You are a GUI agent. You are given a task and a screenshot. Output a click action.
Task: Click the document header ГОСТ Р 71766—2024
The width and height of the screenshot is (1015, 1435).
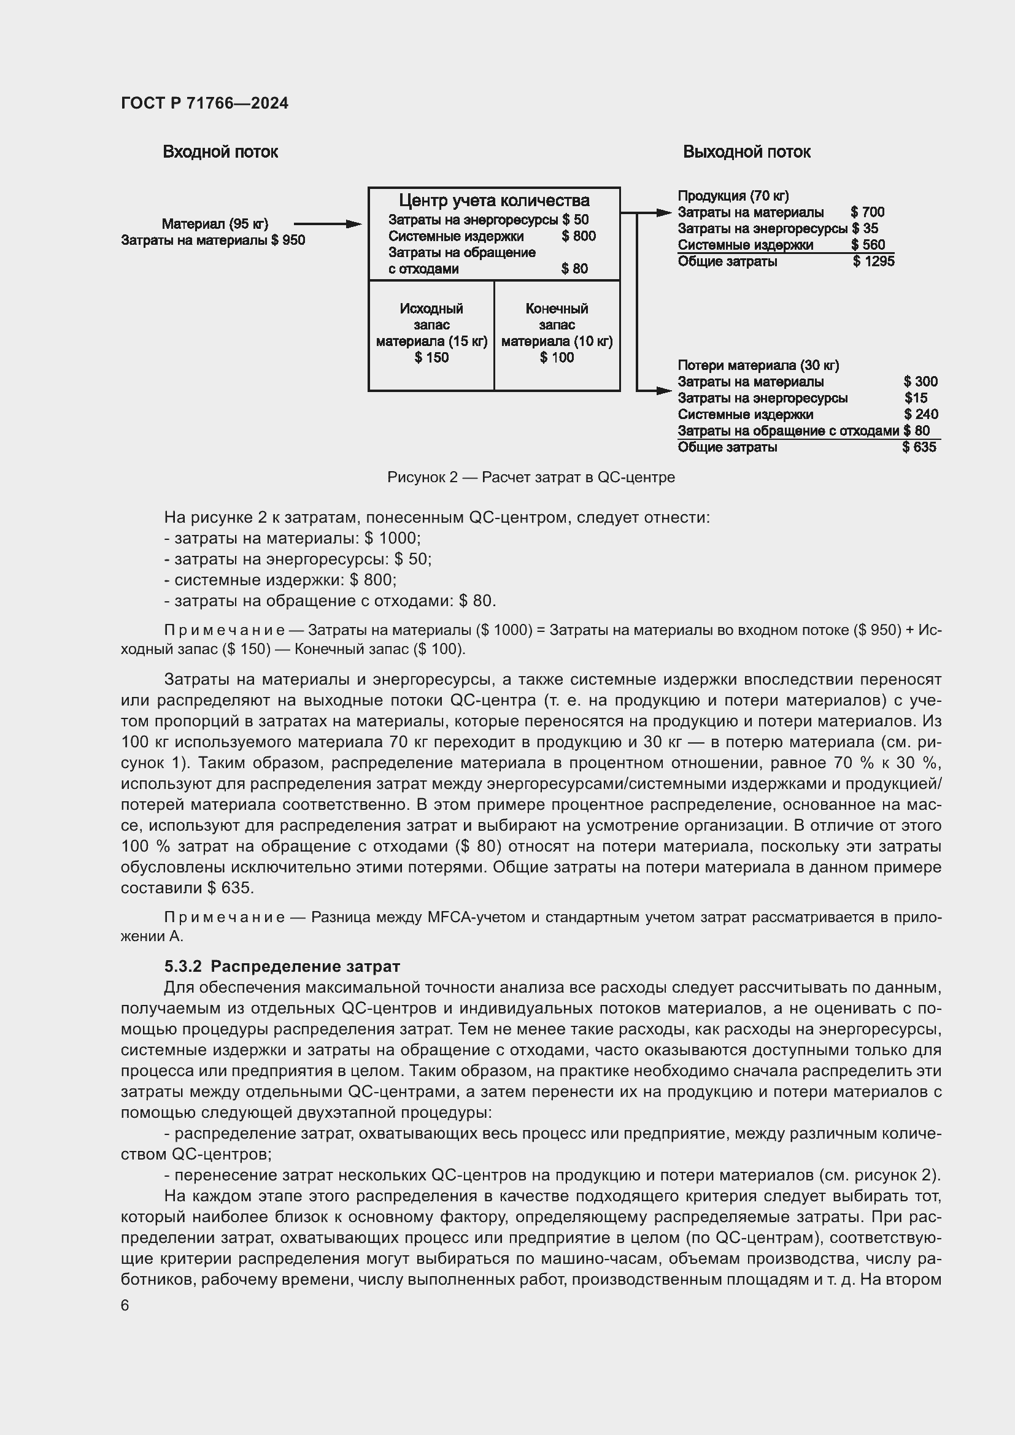pyautogui.click(x=204, y=103)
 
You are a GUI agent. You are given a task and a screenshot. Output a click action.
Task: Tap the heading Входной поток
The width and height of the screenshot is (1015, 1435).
pyautogui.click(x=220, y=152)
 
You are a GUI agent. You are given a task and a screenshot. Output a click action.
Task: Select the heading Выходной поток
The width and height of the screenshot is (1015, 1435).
pyautogui.click(x=746, y=152)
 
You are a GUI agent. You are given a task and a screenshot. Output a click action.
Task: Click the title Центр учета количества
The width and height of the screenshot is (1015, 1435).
pyautogui.click(x=494, y=201)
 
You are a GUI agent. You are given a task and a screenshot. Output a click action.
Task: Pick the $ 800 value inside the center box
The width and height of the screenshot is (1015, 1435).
pyautogui.click(x=578, y=236)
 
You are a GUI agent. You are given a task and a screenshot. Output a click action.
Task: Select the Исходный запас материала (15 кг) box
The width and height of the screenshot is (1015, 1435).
pyautogui.click(x=431, y=334)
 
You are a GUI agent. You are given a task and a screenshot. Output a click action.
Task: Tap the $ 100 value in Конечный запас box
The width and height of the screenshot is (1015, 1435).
pyautogui.click(x=556, y=358)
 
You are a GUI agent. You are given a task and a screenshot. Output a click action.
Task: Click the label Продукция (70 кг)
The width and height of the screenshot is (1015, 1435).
pyautogui.click(x=733, y=196)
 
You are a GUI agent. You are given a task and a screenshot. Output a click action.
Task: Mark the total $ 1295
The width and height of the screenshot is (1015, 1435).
pyautogui.click(x=874, y=261)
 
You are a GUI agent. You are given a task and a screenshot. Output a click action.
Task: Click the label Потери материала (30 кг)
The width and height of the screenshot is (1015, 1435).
pyautogui.click(x=758, y=365)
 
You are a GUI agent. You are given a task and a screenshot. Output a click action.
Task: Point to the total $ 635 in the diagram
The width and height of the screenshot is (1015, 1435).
pyautogui.click(x=919, y=447)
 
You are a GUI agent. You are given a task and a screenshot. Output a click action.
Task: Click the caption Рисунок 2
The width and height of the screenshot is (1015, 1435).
pyautogui.click(x=531, y=477)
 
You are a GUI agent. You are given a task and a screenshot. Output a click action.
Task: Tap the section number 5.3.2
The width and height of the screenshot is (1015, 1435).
pyautogui.click(x=182, y=966)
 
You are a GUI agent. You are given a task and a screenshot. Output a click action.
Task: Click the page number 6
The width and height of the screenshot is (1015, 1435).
pyautogui.click(x=125, y=1305)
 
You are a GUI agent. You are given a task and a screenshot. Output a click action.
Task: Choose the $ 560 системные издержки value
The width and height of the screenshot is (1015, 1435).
pyautogui.click(x=868, y=245)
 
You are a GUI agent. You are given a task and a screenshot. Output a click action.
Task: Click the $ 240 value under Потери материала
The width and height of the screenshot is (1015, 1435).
pyautogui.click(x=920, y=414)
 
